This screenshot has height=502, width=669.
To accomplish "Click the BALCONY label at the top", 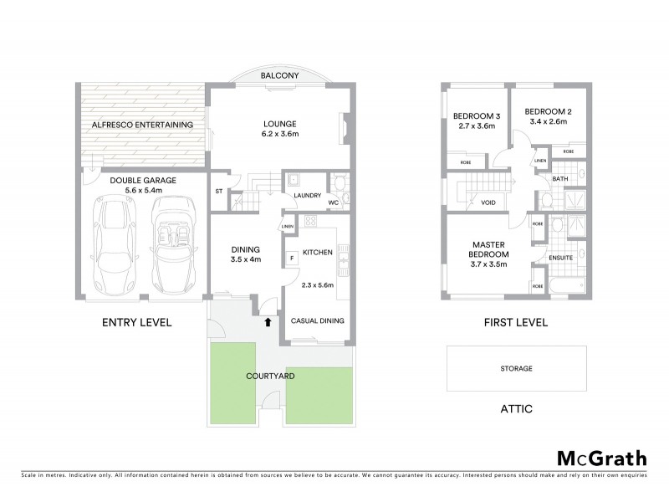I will pyautogui.click(x=275, y=76).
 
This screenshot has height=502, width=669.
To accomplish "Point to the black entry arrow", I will pyautogui.click(x=268, y=320).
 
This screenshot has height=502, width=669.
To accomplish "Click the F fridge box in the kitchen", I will pyautogui.click(x=291, y=259).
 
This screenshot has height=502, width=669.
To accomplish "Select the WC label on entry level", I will pyautogui.click(x=332, y=202).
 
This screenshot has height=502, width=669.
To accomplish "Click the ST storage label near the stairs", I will pyautogui.click(x=219, y=191).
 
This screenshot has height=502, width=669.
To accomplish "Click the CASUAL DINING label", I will pyautogui.click(x=317, y=320).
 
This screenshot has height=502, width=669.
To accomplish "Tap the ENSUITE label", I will pyautogui.click(x=560, y=258).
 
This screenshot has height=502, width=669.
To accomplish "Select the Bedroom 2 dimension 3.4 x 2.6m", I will pyautogui.click(x=548, y=122).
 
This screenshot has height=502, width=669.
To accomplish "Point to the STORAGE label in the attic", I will pyautogui.click(x=516, y=368).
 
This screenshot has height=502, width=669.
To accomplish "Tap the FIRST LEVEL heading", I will pyautogui.click(x=516, y=322).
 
